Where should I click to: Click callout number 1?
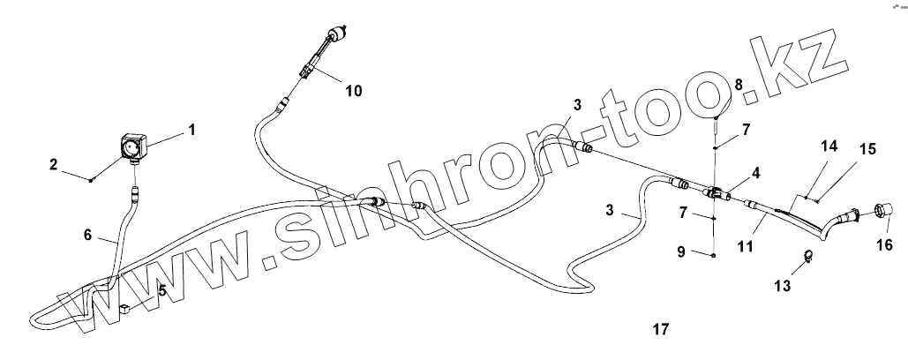[x=191, y=129]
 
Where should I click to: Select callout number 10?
[x=353, y=90]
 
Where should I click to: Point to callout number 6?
[x=88, y=235]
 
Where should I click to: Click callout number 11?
[x=746, y=248]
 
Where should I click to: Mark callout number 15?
[x=867, y=149]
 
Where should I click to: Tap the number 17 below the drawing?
[x=659, y=330]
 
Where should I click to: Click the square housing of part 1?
[x=134, y=144]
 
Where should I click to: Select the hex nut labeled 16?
[x=883, y=212]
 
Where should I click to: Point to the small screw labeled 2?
[x=92, y=179]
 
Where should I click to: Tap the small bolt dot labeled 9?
[x=714, y=254]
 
